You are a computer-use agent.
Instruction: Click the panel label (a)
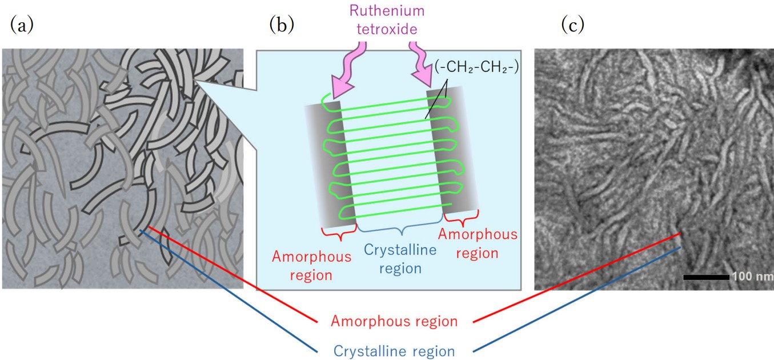click(21, 25)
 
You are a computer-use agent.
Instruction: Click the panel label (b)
click(282, 25)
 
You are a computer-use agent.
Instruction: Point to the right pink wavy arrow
click(423, 66)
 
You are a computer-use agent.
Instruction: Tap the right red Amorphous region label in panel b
click(478, 243)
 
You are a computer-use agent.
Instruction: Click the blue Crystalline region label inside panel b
click(400, 258)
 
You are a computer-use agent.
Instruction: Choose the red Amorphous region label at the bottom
click(395, 321)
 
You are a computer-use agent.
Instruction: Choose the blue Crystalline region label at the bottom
click(395, 351)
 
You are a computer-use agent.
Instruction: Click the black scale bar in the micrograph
click(706, 277)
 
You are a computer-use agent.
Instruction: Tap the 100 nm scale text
click(749, 277)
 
